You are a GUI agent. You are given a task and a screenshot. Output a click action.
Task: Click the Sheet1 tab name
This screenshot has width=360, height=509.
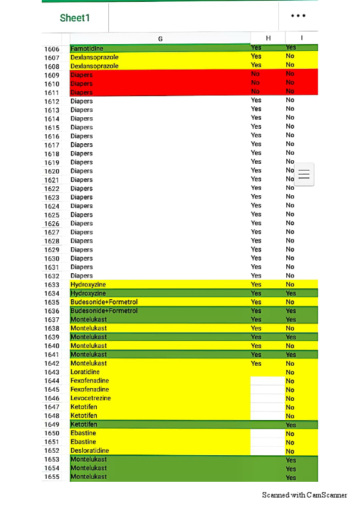(x=75, y=18)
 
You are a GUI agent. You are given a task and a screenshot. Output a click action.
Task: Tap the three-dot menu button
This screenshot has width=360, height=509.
(x=298, y=16)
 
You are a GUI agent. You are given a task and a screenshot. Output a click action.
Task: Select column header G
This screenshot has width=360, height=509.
(x=160, y=38)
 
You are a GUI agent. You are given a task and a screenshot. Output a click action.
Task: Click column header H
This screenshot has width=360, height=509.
(x=269, y=38)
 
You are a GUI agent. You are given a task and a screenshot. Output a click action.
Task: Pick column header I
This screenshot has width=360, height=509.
(x=301, y=38)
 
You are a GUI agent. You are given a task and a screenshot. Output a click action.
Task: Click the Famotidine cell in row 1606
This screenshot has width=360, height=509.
(x=87, y=48)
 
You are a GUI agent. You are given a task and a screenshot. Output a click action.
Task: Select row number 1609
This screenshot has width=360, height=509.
(x=52, y=76)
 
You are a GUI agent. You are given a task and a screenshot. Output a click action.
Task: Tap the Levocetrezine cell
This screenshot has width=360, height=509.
(x=91, y=398)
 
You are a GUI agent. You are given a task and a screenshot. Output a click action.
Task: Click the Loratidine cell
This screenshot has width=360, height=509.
(x=85, y=372)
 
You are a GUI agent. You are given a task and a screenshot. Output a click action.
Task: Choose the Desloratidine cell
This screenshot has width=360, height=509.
(x=90, y=451)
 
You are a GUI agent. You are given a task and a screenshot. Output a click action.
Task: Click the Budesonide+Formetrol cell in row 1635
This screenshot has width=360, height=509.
(x=104, y=302)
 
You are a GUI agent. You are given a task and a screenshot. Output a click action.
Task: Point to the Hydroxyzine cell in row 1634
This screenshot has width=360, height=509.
(x=88, y=293)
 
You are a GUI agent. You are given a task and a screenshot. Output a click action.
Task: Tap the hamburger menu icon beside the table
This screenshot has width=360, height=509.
(x=304, y=174)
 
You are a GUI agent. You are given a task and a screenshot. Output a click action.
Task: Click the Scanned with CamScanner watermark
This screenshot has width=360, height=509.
(x=304, y=495)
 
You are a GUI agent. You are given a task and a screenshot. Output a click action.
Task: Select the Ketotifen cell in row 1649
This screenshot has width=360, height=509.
(x=83, y=425)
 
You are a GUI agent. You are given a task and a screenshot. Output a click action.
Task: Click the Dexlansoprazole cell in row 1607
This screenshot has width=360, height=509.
(x=94, y=57)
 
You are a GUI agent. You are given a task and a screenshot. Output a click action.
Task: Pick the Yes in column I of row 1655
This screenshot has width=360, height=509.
(x=291, y=478)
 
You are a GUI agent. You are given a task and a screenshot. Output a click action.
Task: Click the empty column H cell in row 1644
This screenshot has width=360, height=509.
(x=267, y=381)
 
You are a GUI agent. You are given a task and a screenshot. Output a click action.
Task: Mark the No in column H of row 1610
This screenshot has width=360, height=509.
(x=255, y=83)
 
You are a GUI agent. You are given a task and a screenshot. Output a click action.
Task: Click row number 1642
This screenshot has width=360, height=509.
(x=52, y=364)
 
